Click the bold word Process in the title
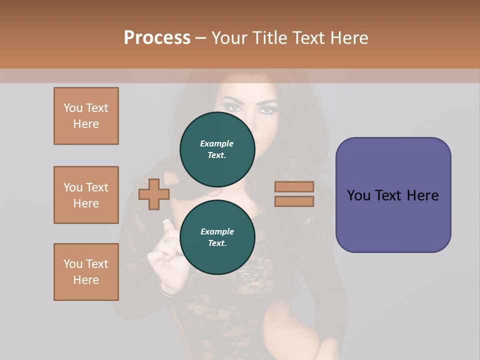pyautogui.click(x=157, y=37)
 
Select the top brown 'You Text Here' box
pyautogui.click(x=86, y=116)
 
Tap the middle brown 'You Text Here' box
pyautogui.click(x=86, y=195)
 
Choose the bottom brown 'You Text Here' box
pyautogui.click(x=86, y=272)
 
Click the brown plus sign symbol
pyautogui.click(x=154, y=193)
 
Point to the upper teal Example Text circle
pyautogui.click(x=217, y=149)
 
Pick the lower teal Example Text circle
pyautogui.click(x=217, y=237)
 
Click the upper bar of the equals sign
pyautogui.click(x=294, y=187)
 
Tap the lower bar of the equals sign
pyautogui.click(x=294, y=201)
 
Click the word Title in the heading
pyautogui.click(x=271, y=37)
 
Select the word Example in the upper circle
pyautogui.click(x=217, y=143)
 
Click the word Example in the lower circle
pyautogui.click(x=217, y=231)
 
